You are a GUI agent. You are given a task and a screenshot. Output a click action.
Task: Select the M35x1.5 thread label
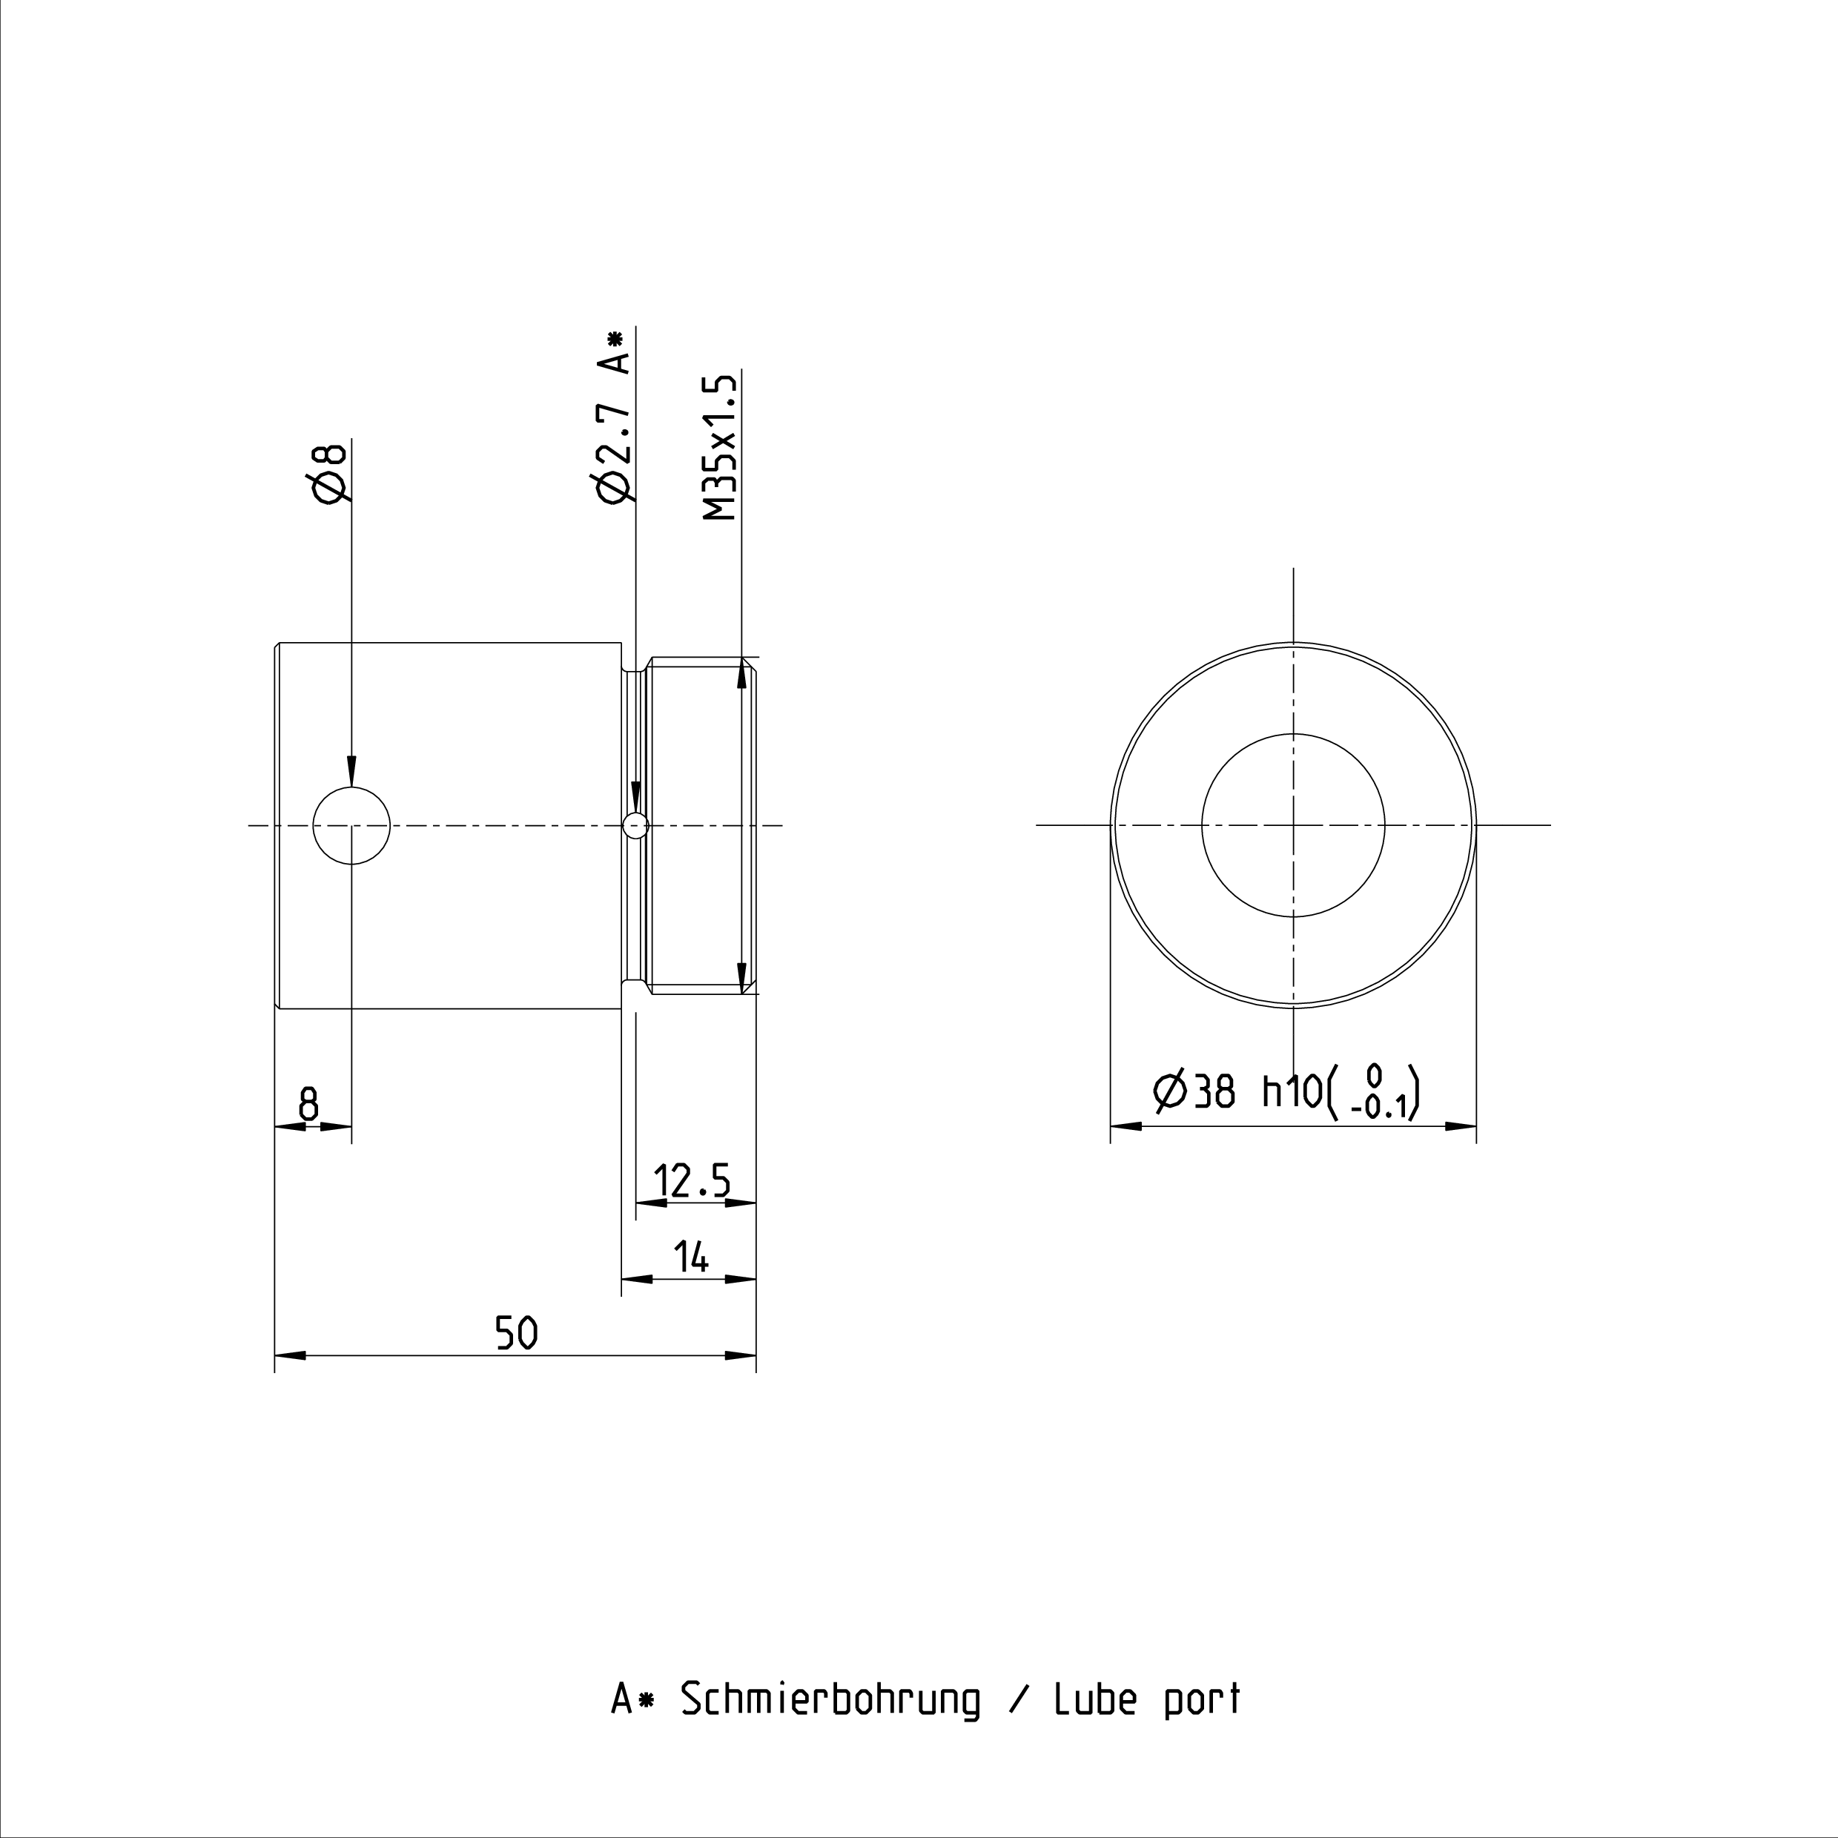coord(720,447)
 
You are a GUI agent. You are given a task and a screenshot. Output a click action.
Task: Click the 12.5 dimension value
coord(692,1182)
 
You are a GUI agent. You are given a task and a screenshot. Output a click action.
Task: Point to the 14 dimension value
coord(692,1257)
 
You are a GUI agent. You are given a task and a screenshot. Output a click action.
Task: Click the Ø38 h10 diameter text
coord(1237,1091)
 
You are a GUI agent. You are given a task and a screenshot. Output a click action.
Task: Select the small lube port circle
coord(635,826)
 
